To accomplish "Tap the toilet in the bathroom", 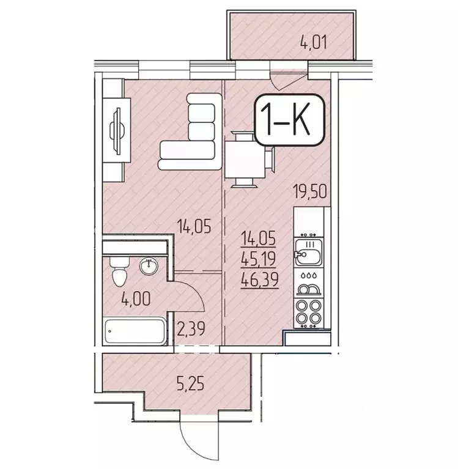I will [119, 272].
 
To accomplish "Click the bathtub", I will [134, 331].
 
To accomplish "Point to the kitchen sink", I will [304, 254].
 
